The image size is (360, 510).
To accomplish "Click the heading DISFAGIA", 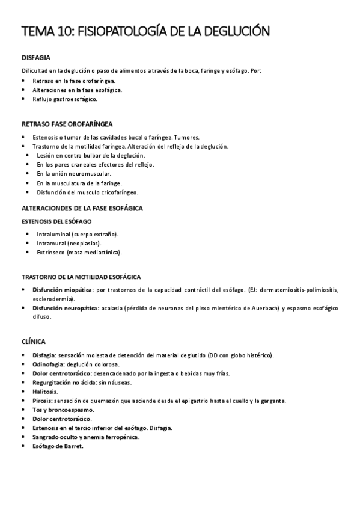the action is pyautogui.click(x=35, y=58).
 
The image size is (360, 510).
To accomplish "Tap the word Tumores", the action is pyautogui.click(x=195, y=137).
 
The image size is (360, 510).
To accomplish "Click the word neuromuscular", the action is pyautogui.click(x=89, y=173).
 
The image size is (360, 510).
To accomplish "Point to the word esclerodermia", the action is pyautogui.click(x=52, y=298).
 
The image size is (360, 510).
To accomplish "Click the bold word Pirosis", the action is pyautogui.click(x=42, y=400).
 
